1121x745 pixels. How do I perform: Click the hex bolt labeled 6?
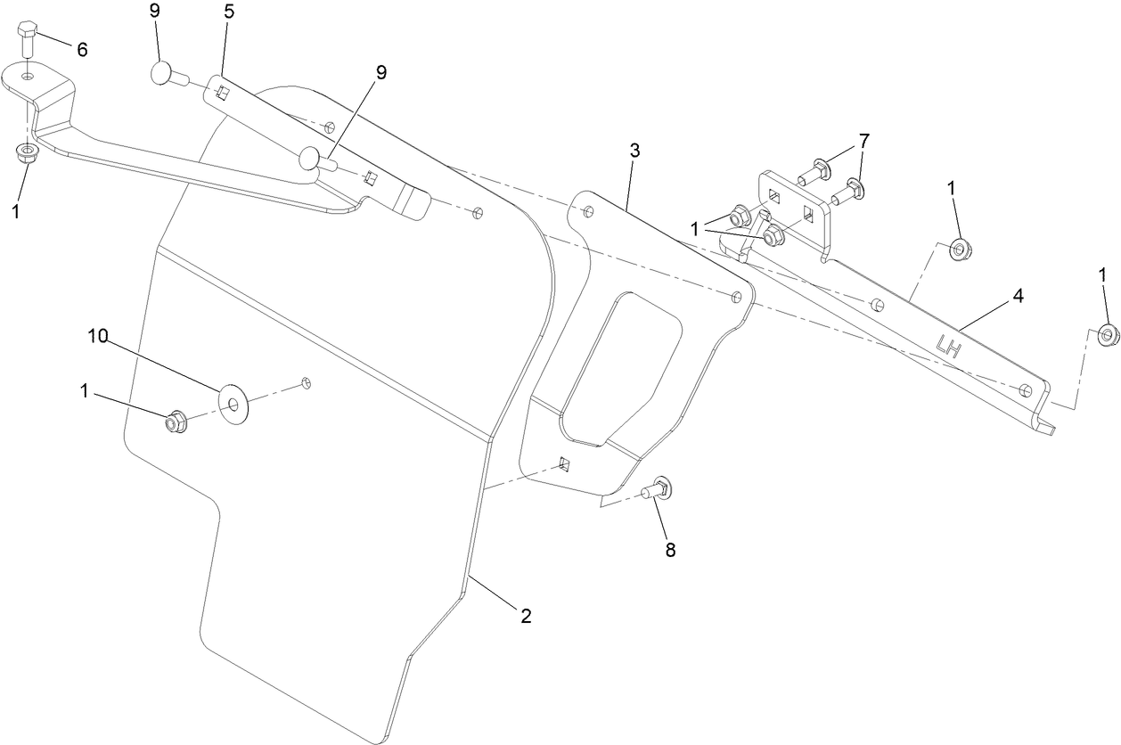tap(27, 37)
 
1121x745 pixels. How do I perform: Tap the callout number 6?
tap(82, 50)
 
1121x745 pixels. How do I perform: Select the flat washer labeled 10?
tap(234, 405)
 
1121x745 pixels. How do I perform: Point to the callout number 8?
tap(671, 550)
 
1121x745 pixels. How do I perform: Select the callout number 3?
tap(634, 150)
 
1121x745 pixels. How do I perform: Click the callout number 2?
tap(526, 615)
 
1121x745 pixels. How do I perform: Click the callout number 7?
tap(863, 141)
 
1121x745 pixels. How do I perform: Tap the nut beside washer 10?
tap(175, 421)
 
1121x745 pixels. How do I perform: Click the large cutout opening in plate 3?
tap(624, 365)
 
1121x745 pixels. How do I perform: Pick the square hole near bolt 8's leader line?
tap(564, 463)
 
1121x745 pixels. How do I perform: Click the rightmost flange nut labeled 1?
tap(1108, 336)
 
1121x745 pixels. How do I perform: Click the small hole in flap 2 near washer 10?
tap(305, 383)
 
